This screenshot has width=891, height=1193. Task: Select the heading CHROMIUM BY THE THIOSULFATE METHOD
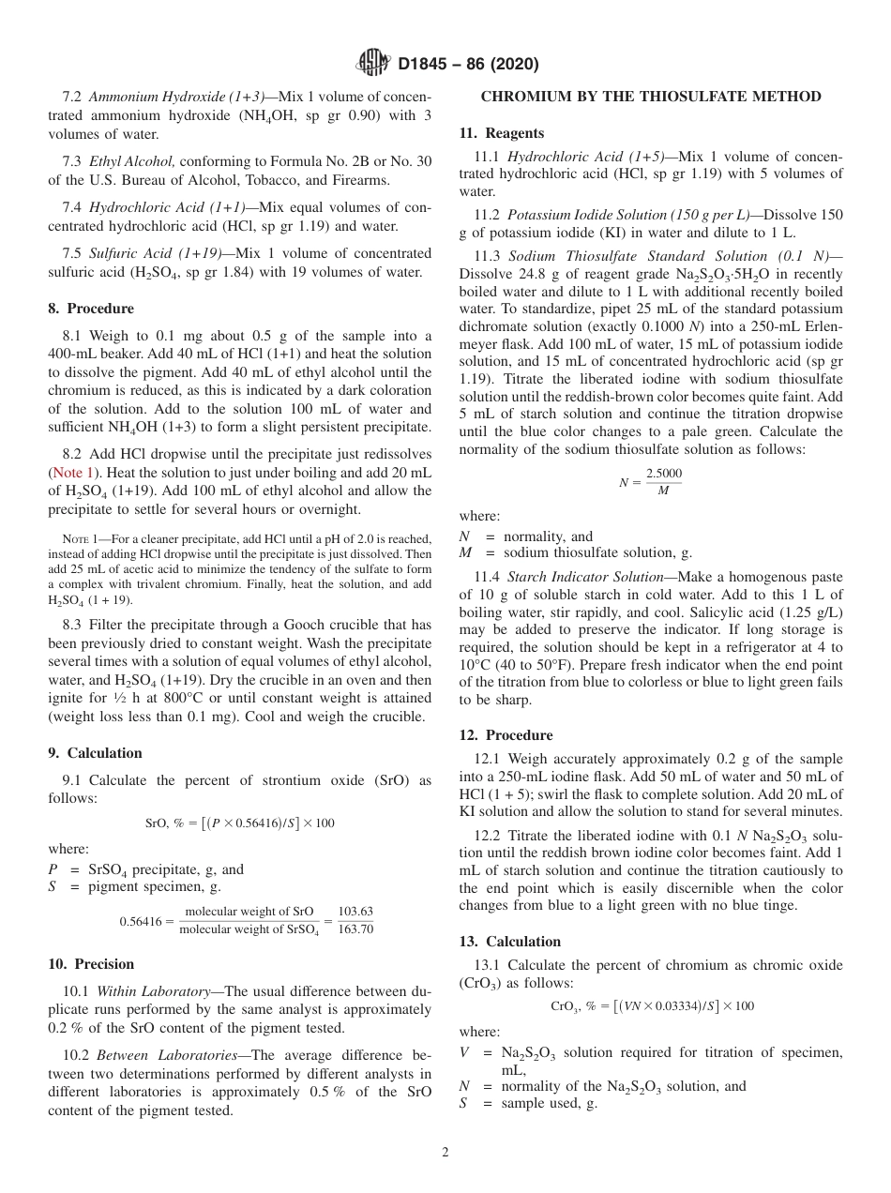point(651,97)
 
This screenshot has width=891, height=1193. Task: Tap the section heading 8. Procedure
point(91,309)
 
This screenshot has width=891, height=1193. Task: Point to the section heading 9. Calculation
point(96,753)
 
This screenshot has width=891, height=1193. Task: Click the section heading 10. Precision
point(91,964)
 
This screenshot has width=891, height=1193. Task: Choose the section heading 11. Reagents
point(502,133)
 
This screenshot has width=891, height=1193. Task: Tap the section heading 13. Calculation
point(510,942)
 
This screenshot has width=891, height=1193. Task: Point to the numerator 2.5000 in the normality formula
point(663,475)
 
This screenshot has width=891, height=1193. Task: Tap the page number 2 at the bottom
point(445,1153)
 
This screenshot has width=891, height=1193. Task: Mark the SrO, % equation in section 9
point(239,823)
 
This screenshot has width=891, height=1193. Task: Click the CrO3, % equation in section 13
point(651,1006)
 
